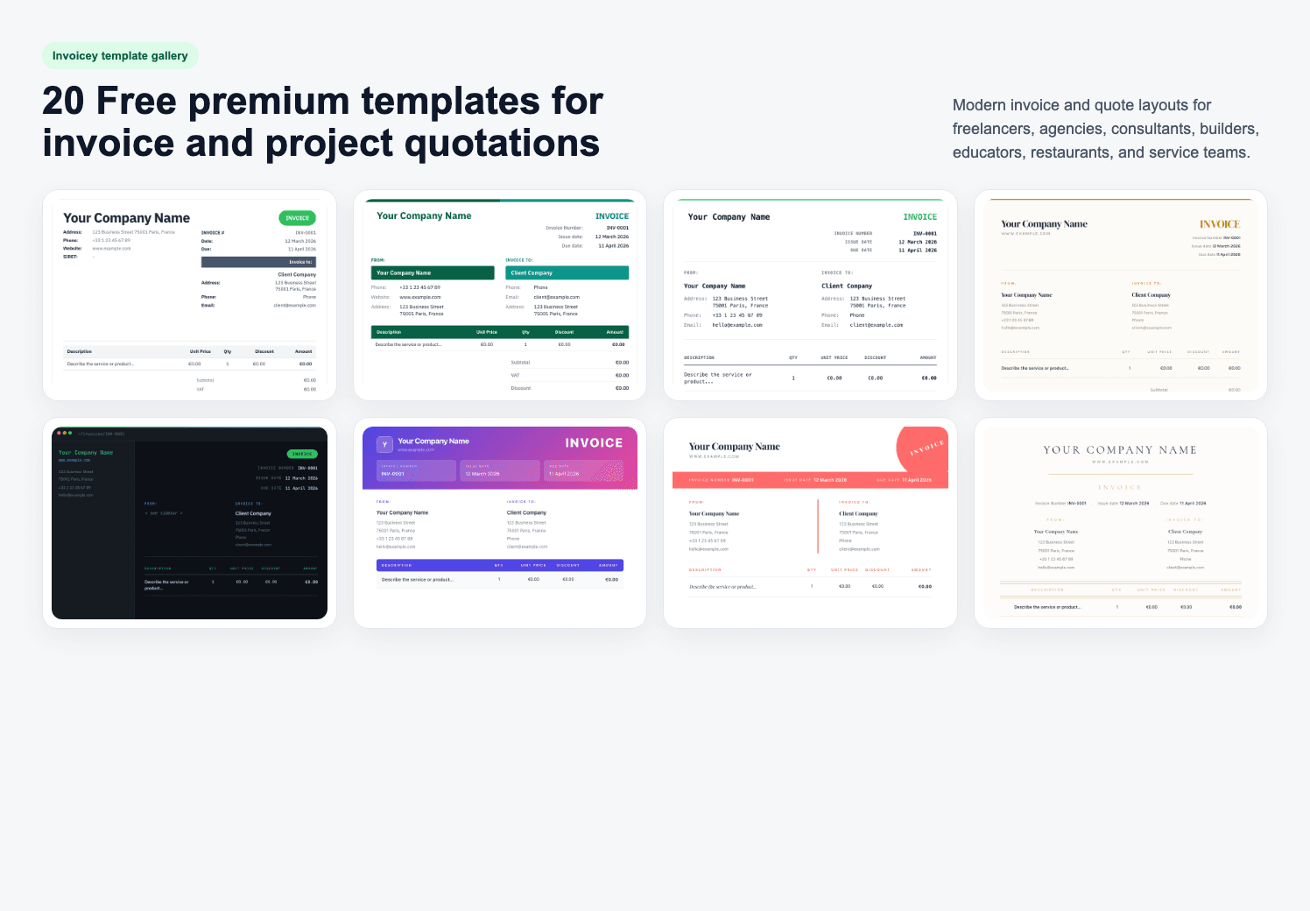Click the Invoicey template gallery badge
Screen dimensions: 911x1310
click(120, 56)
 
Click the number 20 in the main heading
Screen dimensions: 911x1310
click(63, 102)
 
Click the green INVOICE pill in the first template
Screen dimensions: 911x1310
click(297, 218)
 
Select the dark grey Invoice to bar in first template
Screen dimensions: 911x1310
click(258, 262)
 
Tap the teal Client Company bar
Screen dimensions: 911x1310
click(567, 273)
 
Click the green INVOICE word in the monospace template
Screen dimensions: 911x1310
click(919, 217)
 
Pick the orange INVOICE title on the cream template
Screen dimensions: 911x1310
click(1219, 224)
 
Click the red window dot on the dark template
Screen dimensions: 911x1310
click(59, 433)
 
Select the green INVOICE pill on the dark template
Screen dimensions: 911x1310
click(302, 454)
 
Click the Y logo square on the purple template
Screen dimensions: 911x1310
click(384, 444)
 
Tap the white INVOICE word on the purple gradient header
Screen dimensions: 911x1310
click(594, 443)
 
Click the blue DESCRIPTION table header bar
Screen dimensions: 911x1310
click(499, 565)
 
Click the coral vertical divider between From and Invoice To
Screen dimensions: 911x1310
click(818, 526)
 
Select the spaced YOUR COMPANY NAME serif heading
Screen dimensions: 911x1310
click(1119, 450)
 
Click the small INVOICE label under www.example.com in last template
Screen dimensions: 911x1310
click(1119, 488)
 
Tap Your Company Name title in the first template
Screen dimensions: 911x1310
click(126, 218)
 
